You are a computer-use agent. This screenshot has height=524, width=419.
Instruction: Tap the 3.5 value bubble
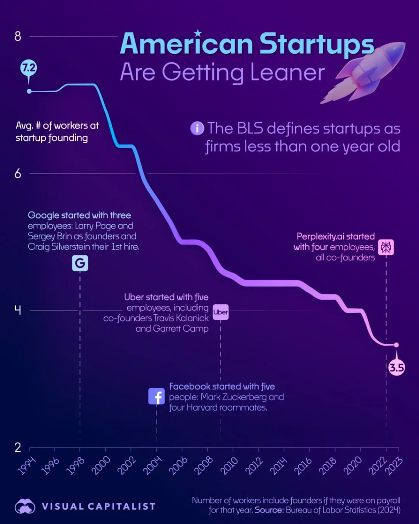(396, 367)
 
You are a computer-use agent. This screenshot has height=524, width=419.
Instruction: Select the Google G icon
(80, 263)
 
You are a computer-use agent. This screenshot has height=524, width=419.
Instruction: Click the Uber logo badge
(221, 312)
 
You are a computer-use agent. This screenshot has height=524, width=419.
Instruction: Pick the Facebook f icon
(156, 396)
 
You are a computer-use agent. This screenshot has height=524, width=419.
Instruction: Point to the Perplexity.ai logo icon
(386, 247)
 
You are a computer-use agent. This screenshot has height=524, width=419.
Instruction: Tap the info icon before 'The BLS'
(197, 129)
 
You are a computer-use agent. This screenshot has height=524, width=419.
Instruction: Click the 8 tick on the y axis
(18, 37)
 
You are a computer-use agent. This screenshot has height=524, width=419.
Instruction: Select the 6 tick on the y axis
(18, 174)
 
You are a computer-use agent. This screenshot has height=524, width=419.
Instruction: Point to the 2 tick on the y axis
(18, 447)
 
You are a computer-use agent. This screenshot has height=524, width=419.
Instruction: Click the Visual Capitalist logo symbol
(25, 506)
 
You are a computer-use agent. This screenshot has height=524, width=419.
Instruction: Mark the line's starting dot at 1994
(29, 91)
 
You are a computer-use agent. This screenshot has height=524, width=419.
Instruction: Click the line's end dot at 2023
(396, 345)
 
